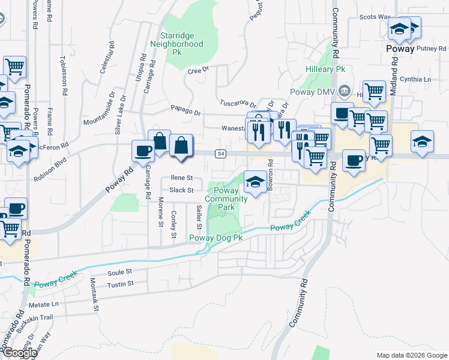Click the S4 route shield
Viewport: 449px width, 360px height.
pos(221,154)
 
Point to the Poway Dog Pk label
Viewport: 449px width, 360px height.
pos(216,238)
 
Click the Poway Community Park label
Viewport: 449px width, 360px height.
pos(226,199)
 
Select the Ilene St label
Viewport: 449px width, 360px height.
pos(181,178)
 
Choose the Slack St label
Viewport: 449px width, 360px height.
pos(181,190)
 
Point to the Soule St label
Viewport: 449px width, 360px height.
pos(119,272)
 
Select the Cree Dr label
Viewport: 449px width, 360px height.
pos(197,71)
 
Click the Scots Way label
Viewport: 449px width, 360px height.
pos(375,17)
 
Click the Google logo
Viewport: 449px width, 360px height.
pos(19,352)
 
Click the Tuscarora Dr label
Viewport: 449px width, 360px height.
pos(238,103)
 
